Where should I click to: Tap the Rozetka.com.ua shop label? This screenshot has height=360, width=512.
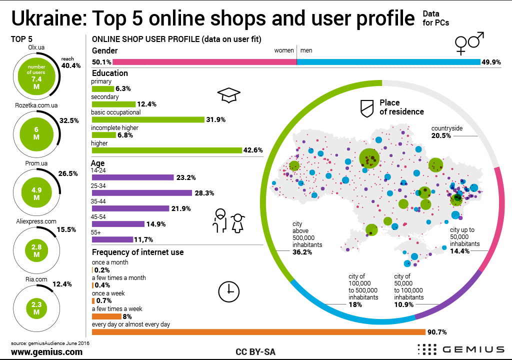click(x=36, y=105)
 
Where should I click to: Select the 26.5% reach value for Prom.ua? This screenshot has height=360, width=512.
click(x=67, y=173)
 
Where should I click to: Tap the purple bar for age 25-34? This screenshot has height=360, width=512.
click(x=142, y=193)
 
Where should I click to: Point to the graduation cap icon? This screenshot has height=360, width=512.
click(x=229, y=95)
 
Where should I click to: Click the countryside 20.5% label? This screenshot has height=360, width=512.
click(x=447, y=132)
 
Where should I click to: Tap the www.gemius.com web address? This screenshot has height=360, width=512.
click(x=46, y=352)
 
